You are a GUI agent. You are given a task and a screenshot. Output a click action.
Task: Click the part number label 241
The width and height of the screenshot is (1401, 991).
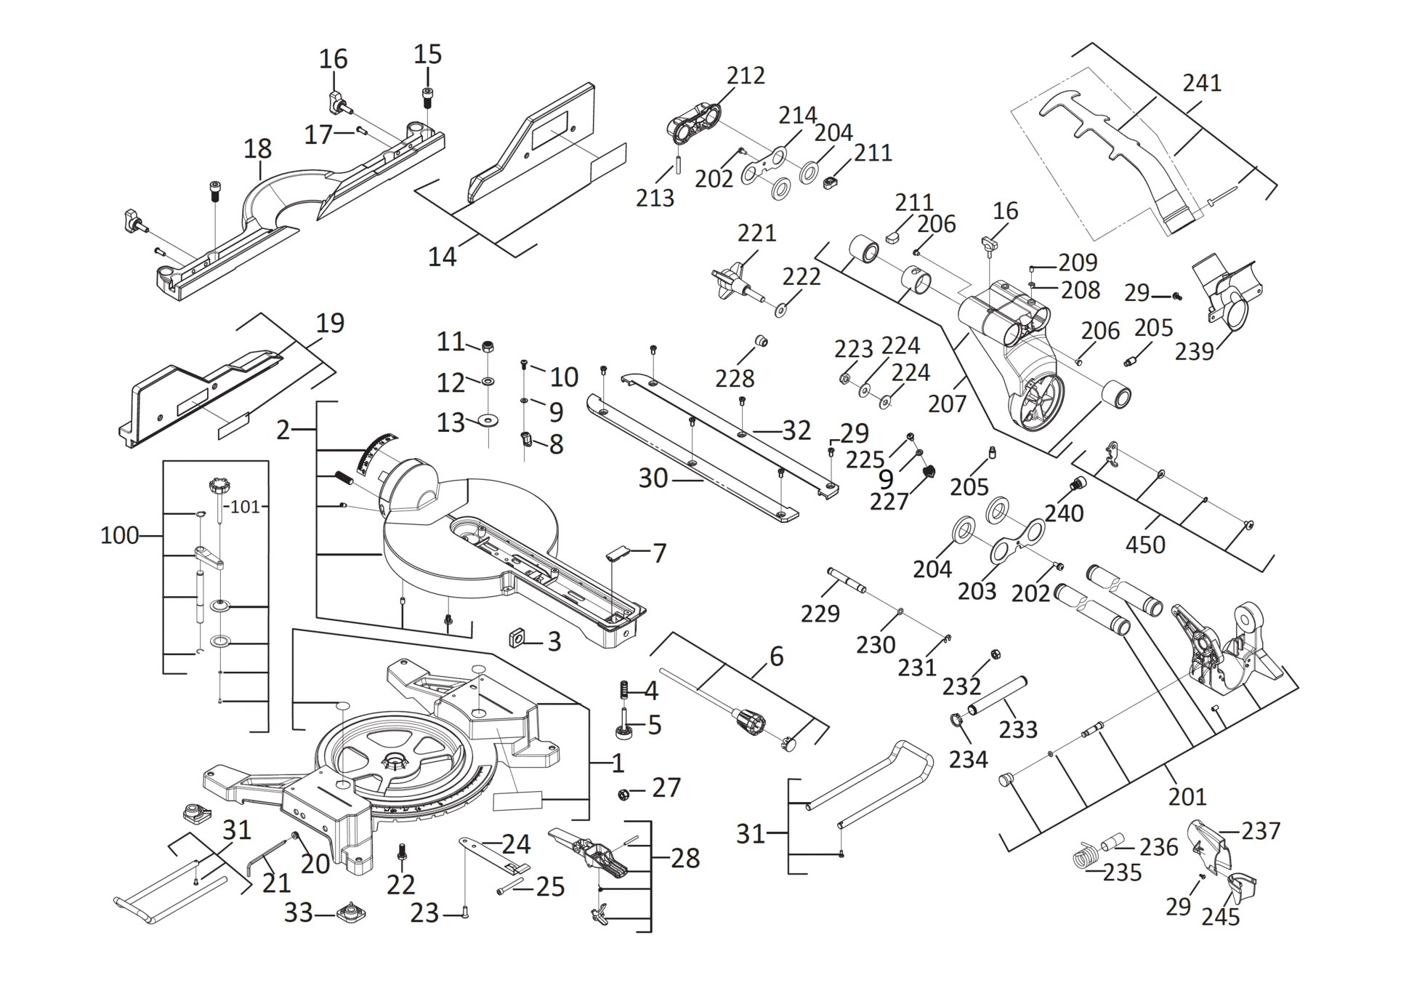click(x=1201, y=83)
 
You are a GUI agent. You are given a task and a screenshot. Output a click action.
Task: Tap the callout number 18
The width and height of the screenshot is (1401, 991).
click(x=257, y=148)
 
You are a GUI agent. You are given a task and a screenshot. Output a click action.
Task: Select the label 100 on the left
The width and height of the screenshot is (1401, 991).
click(x=119, y=536)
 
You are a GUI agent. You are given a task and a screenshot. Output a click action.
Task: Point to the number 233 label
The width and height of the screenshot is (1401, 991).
click(x=1017, y=729)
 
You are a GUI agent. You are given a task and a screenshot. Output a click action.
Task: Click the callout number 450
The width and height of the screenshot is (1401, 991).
click(x=1145, y=545)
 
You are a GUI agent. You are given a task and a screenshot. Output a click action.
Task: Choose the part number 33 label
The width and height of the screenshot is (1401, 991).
click(x=298, y=912)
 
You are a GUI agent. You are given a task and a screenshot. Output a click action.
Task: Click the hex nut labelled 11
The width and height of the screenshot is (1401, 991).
click(x=488, y=345)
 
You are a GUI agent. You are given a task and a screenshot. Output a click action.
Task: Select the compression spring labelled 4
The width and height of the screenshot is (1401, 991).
click(x=623, y=689)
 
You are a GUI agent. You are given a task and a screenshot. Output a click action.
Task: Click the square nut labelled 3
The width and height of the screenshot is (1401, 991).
click(x=517, y=638)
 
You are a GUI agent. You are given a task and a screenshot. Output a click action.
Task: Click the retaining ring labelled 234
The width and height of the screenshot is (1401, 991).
click(x=956, y=721)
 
